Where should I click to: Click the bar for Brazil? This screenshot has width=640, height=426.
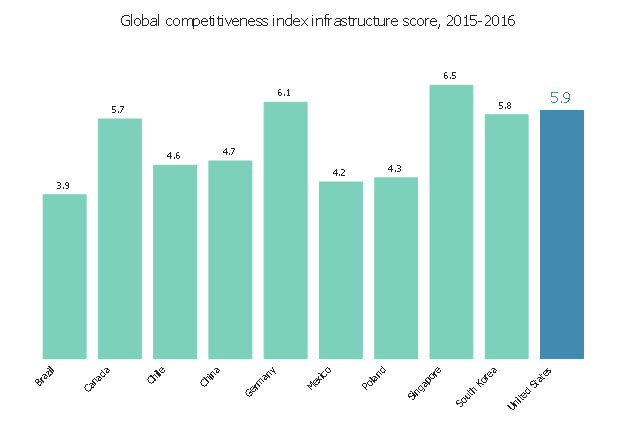point(64,276)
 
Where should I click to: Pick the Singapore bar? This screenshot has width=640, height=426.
point(451,221)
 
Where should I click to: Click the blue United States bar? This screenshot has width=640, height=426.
point(561,234)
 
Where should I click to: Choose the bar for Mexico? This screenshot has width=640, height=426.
point(340,270)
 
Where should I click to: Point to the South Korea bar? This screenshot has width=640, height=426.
point(506,236)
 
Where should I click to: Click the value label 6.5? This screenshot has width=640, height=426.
point(450,76)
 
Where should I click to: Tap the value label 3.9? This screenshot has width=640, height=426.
point(63,185)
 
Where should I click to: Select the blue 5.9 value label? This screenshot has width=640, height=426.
point(561,98)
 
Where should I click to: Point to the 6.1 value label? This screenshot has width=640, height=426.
point(284,93)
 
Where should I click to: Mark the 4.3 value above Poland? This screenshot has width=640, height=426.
point(395,168)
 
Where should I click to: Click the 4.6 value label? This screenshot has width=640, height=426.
point(174,156)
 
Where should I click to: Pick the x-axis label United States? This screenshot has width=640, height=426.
point(529,387)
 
